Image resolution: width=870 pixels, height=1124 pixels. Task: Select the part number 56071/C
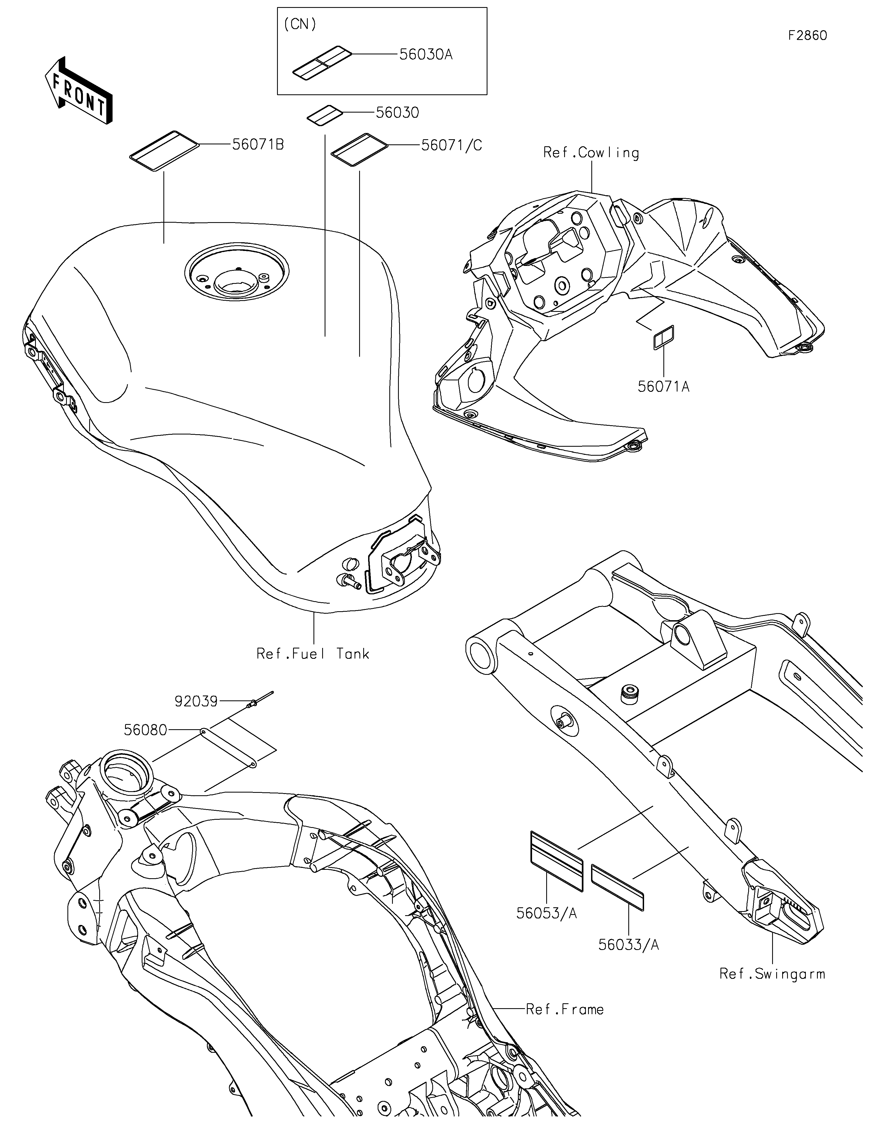pos(451,146)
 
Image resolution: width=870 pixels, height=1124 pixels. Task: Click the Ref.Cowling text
pos(591,153)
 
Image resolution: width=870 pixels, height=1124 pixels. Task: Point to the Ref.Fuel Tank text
pos(313,654)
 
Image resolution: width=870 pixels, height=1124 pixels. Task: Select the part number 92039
pos(196,701)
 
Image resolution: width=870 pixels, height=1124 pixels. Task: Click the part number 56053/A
pos(546,914)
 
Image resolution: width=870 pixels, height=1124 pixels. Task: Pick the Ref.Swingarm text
pos(772,974)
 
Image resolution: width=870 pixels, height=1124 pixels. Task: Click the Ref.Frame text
pos(564,1009)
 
